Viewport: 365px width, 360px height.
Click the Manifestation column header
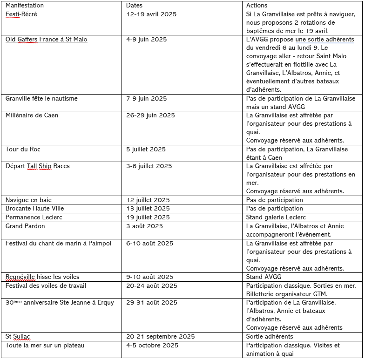coord(25,5)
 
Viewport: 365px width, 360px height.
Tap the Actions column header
coord(257,5)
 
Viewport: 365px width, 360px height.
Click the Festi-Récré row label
coord(21,14)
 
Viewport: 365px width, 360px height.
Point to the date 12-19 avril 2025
coord(151,14)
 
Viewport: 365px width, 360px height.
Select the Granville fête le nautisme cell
coord(41,99)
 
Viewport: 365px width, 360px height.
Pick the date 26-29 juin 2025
coord(150,115)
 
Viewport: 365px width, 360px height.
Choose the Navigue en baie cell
coord(28,200)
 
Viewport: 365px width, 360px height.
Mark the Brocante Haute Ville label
coord(35,209)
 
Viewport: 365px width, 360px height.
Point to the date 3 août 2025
coord(144,226)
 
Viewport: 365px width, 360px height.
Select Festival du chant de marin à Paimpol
coord(58,244)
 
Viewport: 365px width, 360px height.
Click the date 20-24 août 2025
coord(152,285)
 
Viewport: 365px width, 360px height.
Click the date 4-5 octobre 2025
coord(152,346)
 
